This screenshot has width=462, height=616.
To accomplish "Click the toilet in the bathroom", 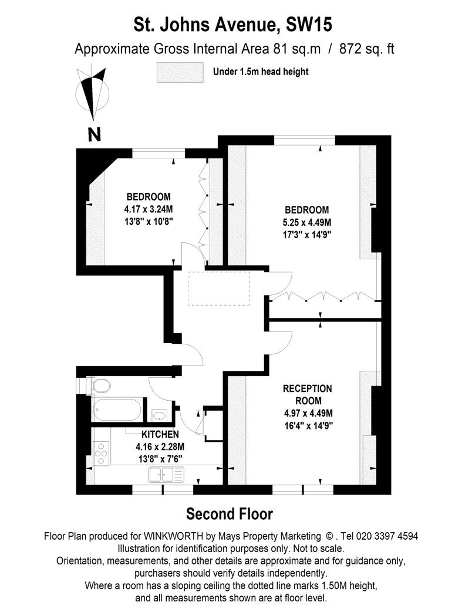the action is [101, 386].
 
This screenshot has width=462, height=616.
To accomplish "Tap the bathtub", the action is [117, 409].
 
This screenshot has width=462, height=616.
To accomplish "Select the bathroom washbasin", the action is [159, 415].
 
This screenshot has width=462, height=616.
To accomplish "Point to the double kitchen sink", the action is [166, 475].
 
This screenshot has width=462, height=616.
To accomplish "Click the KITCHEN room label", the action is [160, 434].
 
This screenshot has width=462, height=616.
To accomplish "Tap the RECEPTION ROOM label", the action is [308, 394].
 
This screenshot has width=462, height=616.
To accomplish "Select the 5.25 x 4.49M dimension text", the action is [306, 222].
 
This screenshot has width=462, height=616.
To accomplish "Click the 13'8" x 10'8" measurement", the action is [149, 222].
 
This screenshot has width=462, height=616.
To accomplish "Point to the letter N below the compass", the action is [95, 135].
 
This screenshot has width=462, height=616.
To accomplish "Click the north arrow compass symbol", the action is [93, 94].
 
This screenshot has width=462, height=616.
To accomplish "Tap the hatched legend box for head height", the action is [180, 72].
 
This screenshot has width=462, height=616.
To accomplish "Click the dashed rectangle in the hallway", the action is [219, 289].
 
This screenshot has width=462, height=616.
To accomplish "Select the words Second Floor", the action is [230, 514].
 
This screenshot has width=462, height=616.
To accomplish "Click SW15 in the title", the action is [309, 25].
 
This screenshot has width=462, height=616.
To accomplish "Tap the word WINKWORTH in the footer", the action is [173, 536].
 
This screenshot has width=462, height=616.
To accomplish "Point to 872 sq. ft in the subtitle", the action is [367, 49].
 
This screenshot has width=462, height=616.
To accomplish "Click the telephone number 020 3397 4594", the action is [385, 536].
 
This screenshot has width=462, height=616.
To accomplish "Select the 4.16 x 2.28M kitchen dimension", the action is [160, 446].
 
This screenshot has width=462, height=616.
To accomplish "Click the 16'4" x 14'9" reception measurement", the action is [309, 425].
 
